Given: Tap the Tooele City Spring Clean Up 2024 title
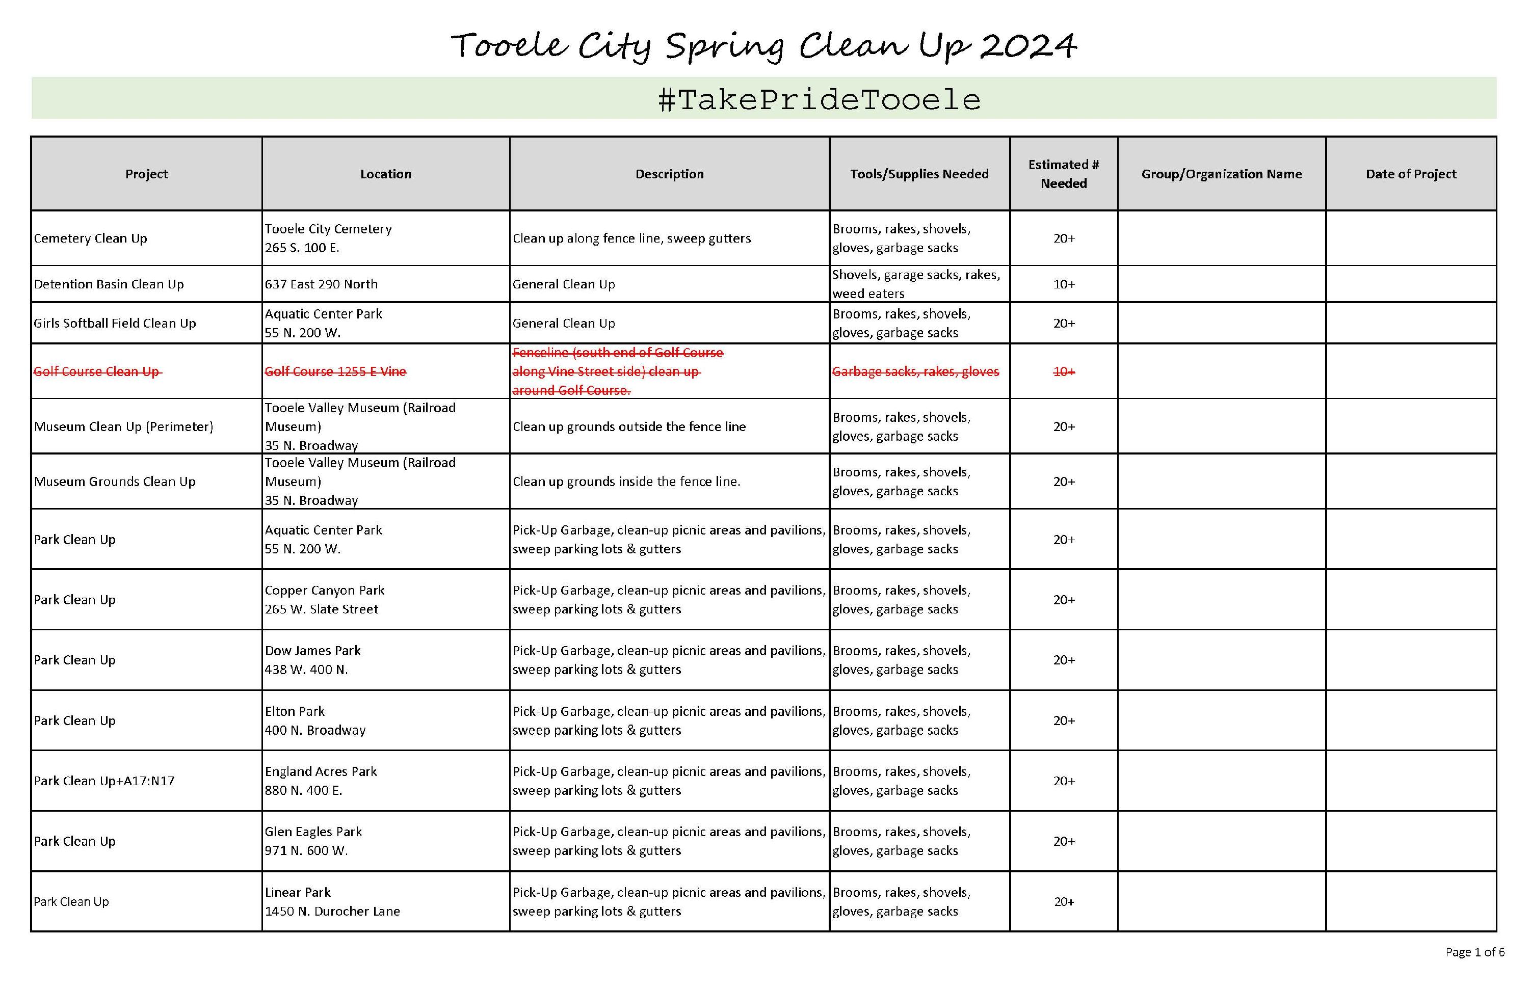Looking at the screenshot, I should [763, 46].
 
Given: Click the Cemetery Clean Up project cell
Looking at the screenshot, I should [91, 238].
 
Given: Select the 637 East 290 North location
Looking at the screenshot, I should [321, 284].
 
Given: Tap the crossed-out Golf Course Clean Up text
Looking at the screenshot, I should [97, 371].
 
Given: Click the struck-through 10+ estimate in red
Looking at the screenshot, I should [1063, 371].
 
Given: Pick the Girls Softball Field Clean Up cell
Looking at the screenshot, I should [115, 323].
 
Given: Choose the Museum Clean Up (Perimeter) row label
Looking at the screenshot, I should [123, 426].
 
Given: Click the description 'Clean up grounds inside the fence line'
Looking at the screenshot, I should [626, 482].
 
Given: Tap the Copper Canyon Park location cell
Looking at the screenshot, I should [325, 599].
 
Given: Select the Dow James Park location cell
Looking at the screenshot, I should [313, 659].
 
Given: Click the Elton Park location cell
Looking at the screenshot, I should [315, 720].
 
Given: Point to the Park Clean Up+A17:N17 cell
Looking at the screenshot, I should [104, 781].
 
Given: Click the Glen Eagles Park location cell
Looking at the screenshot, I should [313, 841].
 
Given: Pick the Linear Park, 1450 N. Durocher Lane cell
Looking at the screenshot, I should [332, 901].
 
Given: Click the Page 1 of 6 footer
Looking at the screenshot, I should [1474, 952].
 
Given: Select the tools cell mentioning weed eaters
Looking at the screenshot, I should [916, 284].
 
